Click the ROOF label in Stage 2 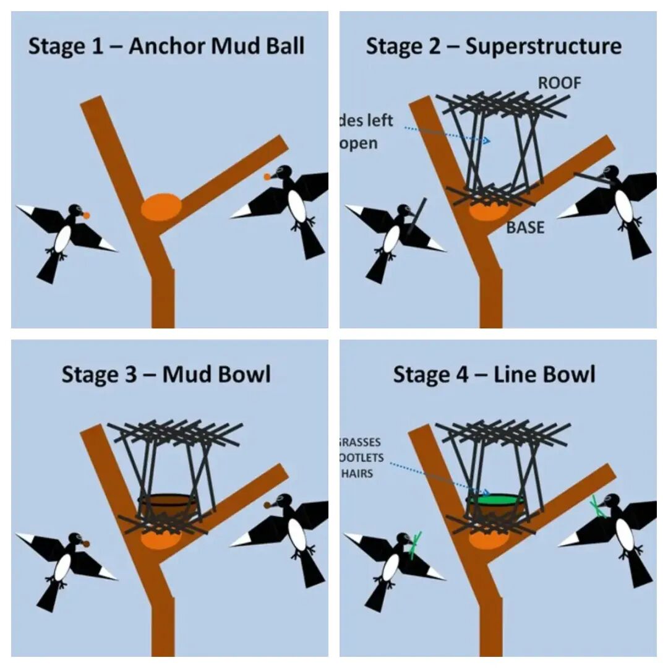click(559, 83)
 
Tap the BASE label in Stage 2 click(525, 228)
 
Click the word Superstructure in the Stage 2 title click(543, 46)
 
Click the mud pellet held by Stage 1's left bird click(86, 215)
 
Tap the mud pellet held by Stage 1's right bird click(267, 177)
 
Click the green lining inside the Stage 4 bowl click(494, 498)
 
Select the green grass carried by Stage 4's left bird click(416, 544)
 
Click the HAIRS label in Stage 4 click(358, 474)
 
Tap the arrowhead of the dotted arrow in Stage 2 click(487, 141)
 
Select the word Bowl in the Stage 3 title click(244, 375)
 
